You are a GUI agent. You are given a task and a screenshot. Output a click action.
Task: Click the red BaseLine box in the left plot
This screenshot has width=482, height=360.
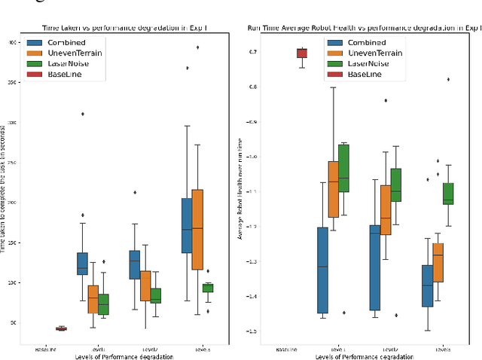coord(61,328)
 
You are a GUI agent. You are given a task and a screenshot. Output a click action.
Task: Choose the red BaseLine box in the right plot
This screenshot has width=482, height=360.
coord(301,53)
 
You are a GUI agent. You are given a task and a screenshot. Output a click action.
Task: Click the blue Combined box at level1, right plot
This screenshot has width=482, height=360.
coord(323,270)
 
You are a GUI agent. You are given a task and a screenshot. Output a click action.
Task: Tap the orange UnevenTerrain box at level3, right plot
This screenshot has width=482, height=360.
coord(438,262)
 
